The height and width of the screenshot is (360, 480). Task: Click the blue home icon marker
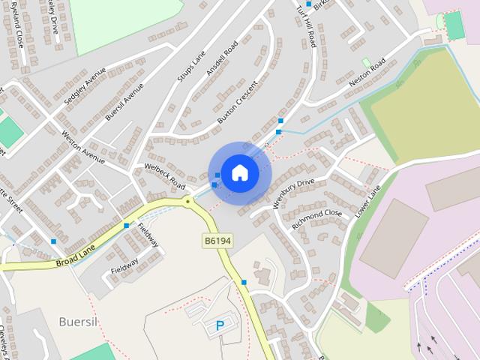pyautogui.click(x=239, y=172)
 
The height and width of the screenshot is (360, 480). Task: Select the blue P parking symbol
pyautogui.click(x=220, y=326)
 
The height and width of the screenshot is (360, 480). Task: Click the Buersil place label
pyautogui.click(x=79, y=321)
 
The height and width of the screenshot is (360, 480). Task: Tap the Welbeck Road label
pyautogui.click(x=164, y=175)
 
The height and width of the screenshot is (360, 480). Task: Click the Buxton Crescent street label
pyautogui.click(x=236, y=103)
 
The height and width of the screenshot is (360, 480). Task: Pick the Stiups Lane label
pyautogui.click(x=190, y=67)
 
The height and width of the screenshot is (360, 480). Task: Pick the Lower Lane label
pyautogui.click(x=368, y=202)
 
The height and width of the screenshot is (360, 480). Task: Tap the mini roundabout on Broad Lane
pyautogui.click(x=187, y=201)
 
